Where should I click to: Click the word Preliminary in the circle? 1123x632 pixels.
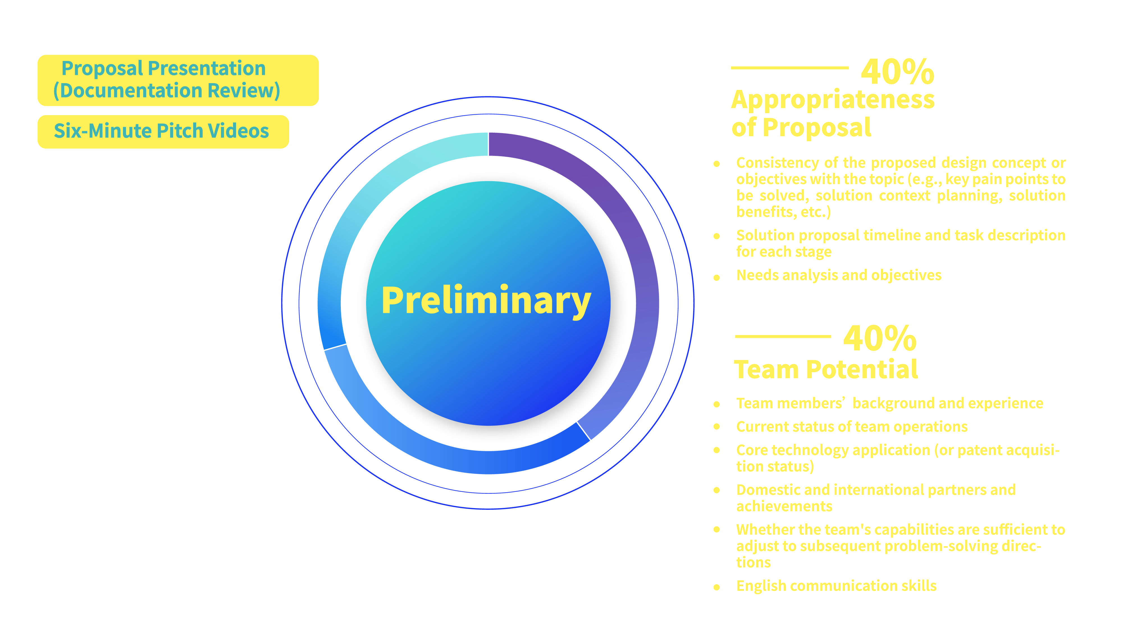tap(486, 301)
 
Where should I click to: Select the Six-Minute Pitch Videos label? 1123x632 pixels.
tap(161, 131)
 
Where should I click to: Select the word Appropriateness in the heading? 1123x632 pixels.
tap(833, 99)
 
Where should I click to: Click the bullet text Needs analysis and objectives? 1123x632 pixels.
tap(838, 275)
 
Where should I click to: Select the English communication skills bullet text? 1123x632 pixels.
tap(836, 586)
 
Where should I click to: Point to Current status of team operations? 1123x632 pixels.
tap(852, 427)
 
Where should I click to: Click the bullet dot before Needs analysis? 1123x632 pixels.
tap(716, 278)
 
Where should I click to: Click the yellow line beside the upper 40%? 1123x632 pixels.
tap(789, 68)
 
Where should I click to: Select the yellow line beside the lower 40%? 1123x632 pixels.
tap(782, 336)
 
